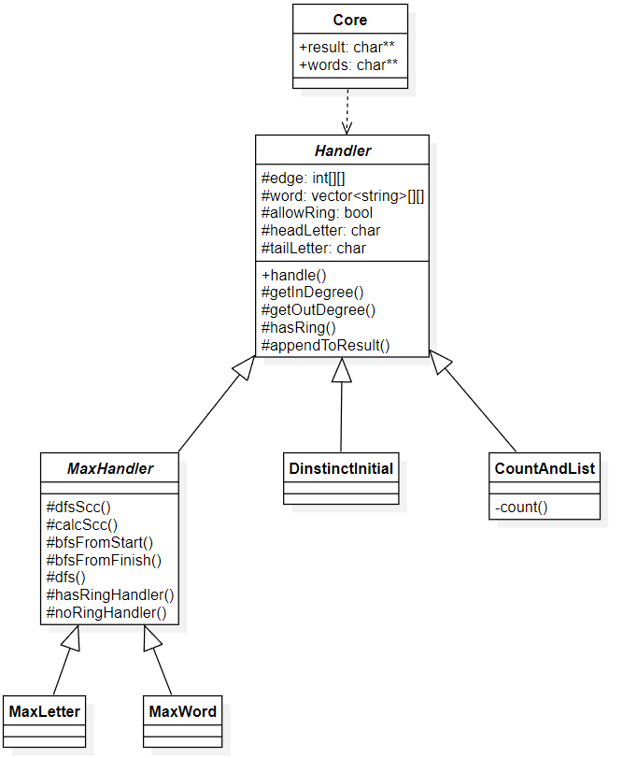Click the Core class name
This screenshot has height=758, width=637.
coord(350,20)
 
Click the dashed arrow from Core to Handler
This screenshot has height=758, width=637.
coord(347,111)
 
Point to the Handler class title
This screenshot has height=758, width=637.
coord(342,150)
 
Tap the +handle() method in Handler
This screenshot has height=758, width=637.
coord(294,275)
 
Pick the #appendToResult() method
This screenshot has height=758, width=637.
coord(325,345)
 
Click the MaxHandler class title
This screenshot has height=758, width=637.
coord(110,467)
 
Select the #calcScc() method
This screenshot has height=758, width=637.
coord(82,524)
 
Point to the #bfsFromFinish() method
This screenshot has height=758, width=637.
coord(104,560)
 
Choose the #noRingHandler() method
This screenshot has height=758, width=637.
coord(106,613)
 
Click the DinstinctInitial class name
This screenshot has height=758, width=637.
coord(341,467)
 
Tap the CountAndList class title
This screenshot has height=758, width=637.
coord(543,467)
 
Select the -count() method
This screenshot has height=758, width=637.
coord(521,508)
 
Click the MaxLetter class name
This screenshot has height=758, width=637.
coord(44,711)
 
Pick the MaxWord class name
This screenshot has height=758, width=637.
coord(183,711)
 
